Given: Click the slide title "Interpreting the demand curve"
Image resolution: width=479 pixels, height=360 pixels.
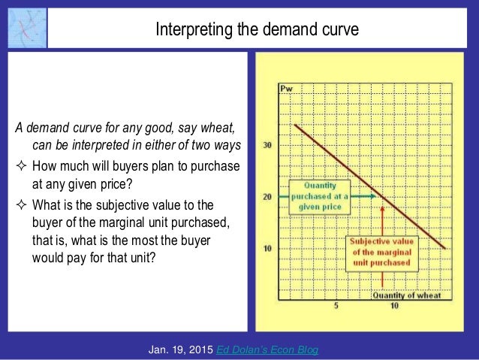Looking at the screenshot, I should pos(257,31).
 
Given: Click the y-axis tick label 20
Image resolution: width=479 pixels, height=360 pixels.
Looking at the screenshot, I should pos(267,197).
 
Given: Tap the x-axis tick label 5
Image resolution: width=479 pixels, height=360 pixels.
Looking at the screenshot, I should pos(336,306).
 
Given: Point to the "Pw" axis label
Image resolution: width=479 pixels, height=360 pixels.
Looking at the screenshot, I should pos(286,88).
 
